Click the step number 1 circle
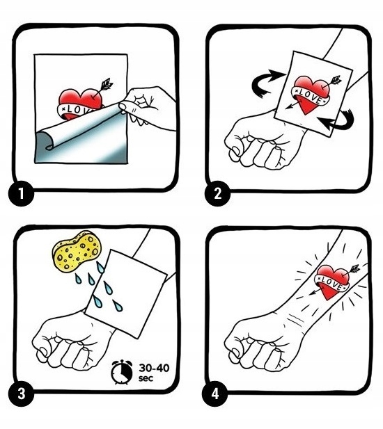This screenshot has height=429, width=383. (22, 193)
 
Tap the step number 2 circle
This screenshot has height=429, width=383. (217, 193)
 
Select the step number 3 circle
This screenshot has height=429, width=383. (22, 394)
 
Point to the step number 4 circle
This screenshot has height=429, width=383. (215, 394)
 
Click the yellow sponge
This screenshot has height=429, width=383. (77, 250)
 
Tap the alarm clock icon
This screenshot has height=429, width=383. (121, 372)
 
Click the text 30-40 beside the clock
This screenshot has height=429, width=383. (154, 368)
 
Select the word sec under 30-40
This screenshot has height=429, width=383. (146, 378)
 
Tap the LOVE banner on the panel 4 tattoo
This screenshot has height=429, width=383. (331, 284)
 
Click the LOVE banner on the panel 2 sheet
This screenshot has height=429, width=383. (311, 96)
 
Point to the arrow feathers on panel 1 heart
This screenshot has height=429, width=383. (107, 84)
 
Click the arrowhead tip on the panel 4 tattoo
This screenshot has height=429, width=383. (310, 295)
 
